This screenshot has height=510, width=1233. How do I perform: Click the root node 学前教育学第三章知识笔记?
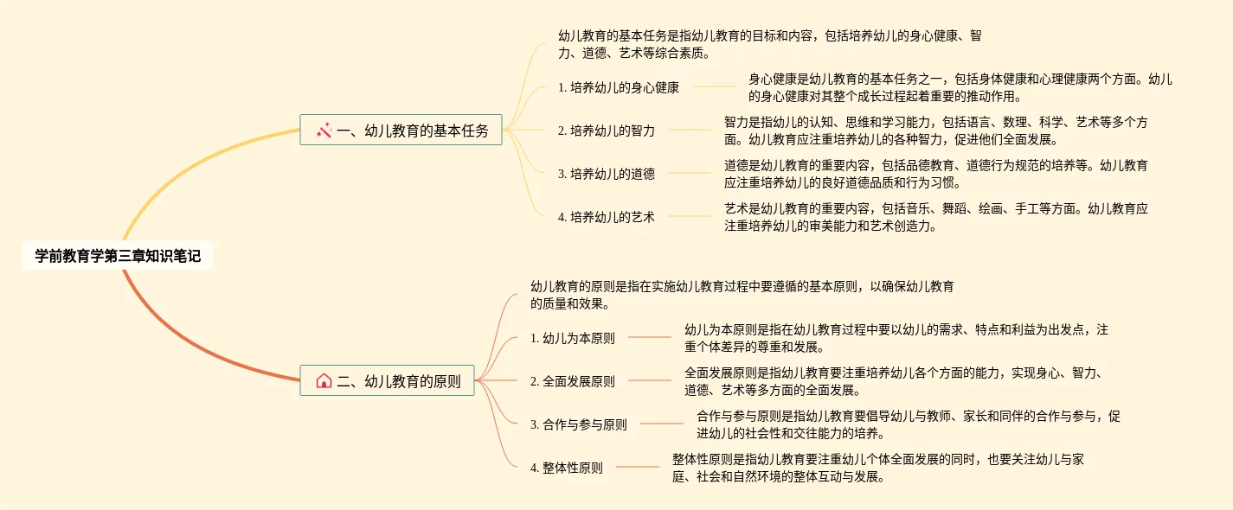click(118, 256)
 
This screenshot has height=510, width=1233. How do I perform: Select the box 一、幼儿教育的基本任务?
click(401, 131)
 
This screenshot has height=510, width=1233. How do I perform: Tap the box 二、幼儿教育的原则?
click(387, 380)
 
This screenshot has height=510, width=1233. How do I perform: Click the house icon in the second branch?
click(324, 380)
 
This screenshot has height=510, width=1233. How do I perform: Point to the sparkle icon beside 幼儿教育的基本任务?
click(324, 131)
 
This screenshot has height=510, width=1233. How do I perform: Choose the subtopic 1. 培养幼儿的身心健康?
click(619, 86)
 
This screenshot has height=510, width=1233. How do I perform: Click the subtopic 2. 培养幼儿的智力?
click(607, 131)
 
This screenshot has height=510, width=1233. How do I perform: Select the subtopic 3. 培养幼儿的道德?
click(607, 174)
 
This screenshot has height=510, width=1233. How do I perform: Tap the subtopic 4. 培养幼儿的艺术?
click(607, 217)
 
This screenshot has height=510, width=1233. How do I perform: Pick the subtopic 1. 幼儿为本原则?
click(573, 338)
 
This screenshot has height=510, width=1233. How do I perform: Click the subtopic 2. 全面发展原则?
click(573, 381)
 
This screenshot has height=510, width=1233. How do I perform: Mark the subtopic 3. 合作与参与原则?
click(579, 424)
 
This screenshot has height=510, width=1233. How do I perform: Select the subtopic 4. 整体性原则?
click(567, 468)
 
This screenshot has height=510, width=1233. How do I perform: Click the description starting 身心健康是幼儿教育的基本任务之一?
click(960, 87)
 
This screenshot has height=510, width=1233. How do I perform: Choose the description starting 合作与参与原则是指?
click(908, 424)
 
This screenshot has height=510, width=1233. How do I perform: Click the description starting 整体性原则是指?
click(877, 468)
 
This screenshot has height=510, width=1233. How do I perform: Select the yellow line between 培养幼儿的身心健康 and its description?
click(714, 86)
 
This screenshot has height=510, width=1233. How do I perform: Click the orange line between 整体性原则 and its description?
click(637, 467)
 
